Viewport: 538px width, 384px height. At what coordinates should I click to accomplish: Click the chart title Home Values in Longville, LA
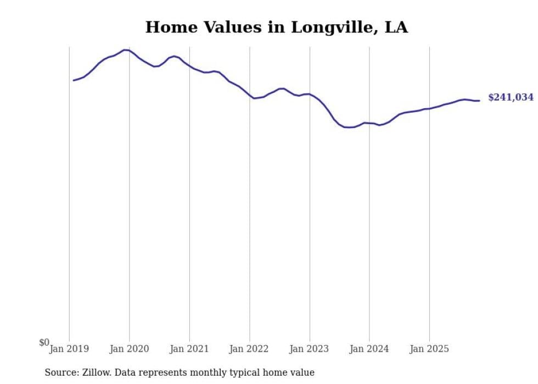(276, 27)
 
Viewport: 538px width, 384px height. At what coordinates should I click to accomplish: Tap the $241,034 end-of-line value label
(511, 98)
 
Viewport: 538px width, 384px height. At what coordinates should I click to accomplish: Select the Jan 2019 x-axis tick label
(69, 349)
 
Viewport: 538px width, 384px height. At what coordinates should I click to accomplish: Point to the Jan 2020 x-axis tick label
(129, 349)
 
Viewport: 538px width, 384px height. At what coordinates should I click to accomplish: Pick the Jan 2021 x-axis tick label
(189, 349)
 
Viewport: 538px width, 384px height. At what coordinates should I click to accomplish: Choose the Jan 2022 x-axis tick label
(249, 349)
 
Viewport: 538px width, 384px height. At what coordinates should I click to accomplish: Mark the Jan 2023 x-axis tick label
(310, 349)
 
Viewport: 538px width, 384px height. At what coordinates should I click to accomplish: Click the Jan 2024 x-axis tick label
(369, 349)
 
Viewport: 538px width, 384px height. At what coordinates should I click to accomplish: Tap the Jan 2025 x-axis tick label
(429, 349)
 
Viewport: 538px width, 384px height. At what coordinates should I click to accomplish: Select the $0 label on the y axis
(44, 343)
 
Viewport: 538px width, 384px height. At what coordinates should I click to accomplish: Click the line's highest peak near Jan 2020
(126, 50)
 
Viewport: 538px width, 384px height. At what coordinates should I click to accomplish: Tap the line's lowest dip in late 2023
(349, 127)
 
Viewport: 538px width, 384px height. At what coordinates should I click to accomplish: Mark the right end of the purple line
(479, 101)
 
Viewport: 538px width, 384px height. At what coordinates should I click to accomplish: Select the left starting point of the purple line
(74, 80)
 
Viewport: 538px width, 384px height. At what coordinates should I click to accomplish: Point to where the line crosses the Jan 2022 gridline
(250, 96)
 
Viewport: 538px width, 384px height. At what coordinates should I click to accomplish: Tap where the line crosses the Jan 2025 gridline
(429, 109)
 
